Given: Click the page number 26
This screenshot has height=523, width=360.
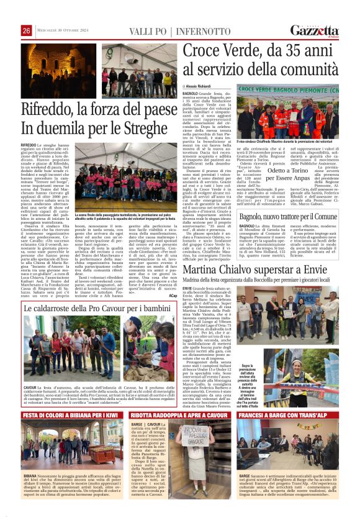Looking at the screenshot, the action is (x=26, y=30).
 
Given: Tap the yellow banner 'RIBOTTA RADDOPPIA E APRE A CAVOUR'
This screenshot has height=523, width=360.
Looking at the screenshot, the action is (x=179, y=415).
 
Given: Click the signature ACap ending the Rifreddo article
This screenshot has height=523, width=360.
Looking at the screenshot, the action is (x=173, y=296).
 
